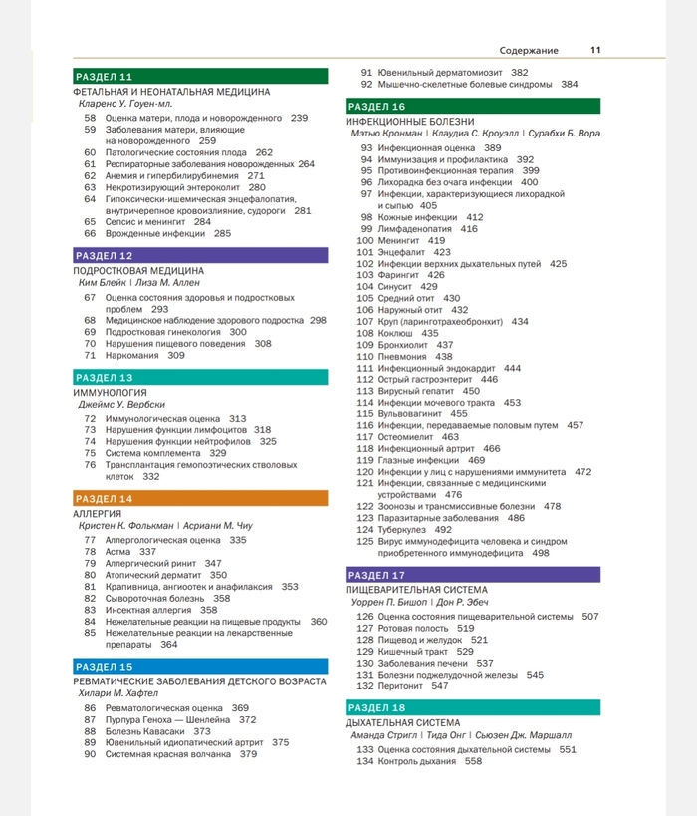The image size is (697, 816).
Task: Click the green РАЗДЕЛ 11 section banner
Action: [x=199, y=77]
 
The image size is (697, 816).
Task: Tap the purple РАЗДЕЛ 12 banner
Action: [x=199, y=255]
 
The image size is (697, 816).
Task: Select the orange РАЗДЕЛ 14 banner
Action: [x=199, y=498]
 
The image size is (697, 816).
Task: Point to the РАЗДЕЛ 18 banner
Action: [x=473, y=707]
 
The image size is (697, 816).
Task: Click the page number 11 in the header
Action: [x=595, y=50]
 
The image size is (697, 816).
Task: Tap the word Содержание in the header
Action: [x=529, y=50]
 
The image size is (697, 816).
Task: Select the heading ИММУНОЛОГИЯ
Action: [x=111, y=393]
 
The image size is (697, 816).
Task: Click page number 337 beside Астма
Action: [x=147, y=551]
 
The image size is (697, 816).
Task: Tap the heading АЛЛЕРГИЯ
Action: [x=98, y=513]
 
